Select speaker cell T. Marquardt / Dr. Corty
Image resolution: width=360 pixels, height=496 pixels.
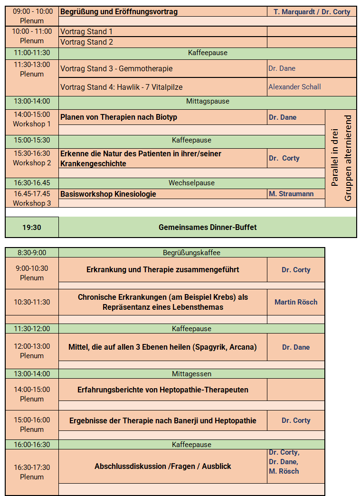point(312,12)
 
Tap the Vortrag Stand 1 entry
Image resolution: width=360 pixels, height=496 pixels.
point(86,32)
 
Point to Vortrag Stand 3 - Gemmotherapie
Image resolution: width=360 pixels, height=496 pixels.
point(116,68)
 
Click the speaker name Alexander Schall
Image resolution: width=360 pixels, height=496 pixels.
point(294,87)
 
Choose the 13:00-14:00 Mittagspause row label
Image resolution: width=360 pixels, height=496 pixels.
point(32,101)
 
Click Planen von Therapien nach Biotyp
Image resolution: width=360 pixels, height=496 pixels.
point(119,117)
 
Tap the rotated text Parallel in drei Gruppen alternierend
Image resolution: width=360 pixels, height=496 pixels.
point(341,158)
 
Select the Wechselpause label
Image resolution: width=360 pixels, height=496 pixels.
point(191,183)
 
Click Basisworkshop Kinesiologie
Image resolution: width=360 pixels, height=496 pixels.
point(108,194)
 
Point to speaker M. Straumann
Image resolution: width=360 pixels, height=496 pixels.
point(291,194)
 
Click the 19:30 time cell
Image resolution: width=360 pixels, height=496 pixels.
point(32,228)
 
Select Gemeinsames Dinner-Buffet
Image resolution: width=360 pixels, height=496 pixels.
point(208,228)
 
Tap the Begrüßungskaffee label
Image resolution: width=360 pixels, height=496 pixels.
point(191,253)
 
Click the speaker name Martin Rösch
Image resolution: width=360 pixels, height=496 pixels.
point(296,302)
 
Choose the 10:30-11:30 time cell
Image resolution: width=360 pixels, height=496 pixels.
point(32,302)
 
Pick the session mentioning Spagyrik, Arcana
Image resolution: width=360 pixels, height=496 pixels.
point(162,347)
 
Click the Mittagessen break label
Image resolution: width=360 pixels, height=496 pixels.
point(191,374)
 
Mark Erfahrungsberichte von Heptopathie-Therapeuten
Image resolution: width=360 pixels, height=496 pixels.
point(162,390)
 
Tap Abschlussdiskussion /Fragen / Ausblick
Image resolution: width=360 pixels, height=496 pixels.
point(162,467)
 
